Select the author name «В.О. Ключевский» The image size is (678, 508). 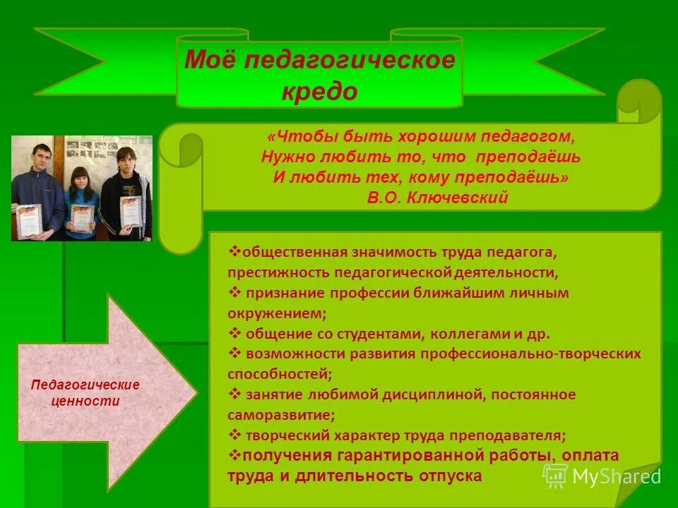[437, 198]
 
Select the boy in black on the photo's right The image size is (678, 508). [127, 190]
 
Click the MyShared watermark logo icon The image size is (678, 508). [554, 476]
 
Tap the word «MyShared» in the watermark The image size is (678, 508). [617, 477]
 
